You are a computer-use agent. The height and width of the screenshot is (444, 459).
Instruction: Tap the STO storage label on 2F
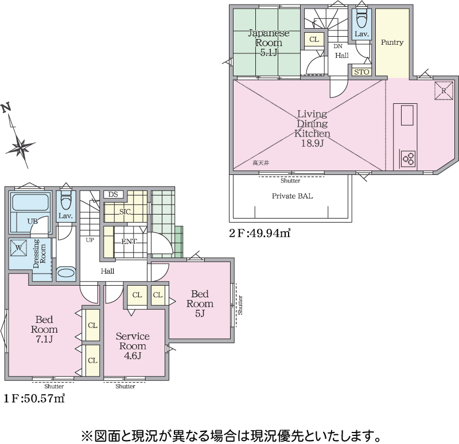click(x=361, y=72)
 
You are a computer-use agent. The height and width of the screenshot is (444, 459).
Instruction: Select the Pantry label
click(x=392, y=42)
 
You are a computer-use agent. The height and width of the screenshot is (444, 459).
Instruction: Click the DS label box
click(x=113, y=194)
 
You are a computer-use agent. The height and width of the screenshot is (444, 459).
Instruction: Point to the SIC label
click(x=125, y=212)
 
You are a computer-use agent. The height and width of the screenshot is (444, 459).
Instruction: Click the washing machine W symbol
click(x=18, y=248)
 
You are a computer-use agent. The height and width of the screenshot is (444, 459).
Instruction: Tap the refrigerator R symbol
click(x=444, y=91)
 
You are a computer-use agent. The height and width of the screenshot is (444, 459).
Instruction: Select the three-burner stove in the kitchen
click(x=408, y=158)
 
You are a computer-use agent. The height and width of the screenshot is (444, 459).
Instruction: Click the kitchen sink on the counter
click(x=407, y=115)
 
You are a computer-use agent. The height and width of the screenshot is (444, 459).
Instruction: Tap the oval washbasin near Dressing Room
click(x=66, y=273)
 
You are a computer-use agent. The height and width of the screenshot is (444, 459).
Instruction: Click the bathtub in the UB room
click(x=30, y=202)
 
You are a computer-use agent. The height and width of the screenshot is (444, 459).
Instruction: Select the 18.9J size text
click(x=312, y=143)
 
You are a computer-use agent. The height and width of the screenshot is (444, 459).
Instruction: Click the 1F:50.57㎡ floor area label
click(x=34, y=398)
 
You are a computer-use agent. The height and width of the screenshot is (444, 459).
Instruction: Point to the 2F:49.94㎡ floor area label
click(x=260, y=233)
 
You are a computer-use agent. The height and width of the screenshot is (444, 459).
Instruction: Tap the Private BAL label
click(x=292, y=196)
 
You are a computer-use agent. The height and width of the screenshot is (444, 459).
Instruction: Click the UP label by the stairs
click(x=90, y=240)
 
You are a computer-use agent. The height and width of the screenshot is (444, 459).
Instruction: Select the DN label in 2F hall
click(x=338, y=46)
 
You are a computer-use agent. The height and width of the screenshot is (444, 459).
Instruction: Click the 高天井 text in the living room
click(x=260, y=163)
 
